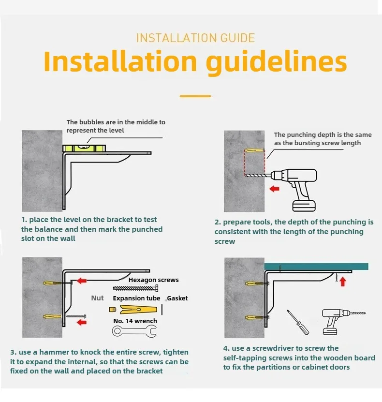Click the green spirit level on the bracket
[x=84, y=148]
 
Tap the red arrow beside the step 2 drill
[x=274, y=189]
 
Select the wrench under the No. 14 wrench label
[x=134, y=331]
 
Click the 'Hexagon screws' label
[x=153, y=280]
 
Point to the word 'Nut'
[x=97, y=298]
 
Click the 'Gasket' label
[x=177, y=298]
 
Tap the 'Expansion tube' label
[x=136, y=298]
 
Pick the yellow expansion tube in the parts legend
[x=138, y=310]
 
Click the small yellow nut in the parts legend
[x=113, y=310]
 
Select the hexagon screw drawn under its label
[x=135, y=289]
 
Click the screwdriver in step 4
[x=298, y=322]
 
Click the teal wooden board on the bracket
[x=316, y=267]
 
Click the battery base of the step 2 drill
[x=304, y=206]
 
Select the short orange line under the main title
[x=195, y=96]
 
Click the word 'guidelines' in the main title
[x=277, y=62]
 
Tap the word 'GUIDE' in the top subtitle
[x=237, y=38]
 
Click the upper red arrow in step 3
[x=82, y=281]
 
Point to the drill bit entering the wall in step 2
[x=257, y=176]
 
